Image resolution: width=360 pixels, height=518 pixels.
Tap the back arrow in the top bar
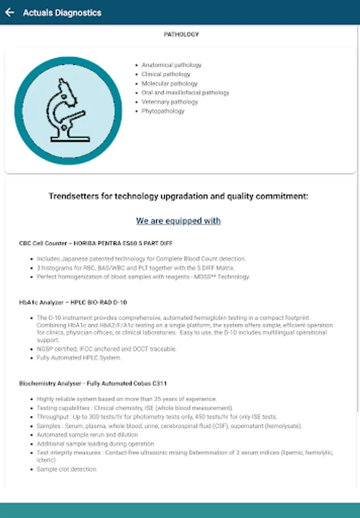[x=9, y=13]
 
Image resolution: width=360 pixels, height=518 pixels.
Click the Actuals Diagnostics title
[x=62, y=13]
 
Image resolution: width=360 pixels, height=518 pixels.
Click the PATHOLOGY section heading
[x=181, y=35]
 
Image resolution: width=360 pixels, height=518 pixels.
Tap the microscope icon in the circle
[x=68, y=111]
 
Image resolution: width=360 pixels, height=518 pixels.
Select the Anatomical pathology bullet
[x=171, y=65]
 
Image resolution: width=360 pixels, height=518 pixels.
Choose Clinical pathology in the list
[x=166, y=74]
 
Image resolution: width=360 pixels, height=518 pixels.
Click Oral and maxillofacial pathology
[x=185, y=93]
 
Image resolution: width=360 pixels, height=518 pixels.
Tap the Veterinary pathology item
[x=170, y=102]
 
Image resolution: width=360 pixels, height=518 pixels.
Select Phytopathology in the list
[x=163, y=111]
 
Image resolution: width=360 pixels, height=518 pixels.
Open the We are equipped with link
[x=178, y=221]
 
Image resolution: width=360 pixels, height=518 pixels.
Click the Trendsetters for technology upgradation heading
[x=178, y=196]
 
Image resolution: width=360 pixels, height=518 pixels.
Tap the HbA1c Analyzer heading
[x=73, y=302]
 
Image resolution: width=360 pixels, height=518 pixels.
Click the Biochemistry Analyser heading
[x=93, y=383]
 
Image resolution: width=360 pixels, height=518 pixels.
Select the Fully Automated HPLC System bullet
[x=79, y=358]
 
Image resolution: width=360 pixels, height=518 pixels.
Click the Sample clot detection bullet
[x=66, y=469]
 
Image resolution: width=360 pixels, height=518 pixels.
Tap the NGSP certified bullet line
[x=106, y=349]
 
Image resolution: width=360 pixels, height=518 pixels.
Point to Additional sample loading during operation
[x=95, y=444]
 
